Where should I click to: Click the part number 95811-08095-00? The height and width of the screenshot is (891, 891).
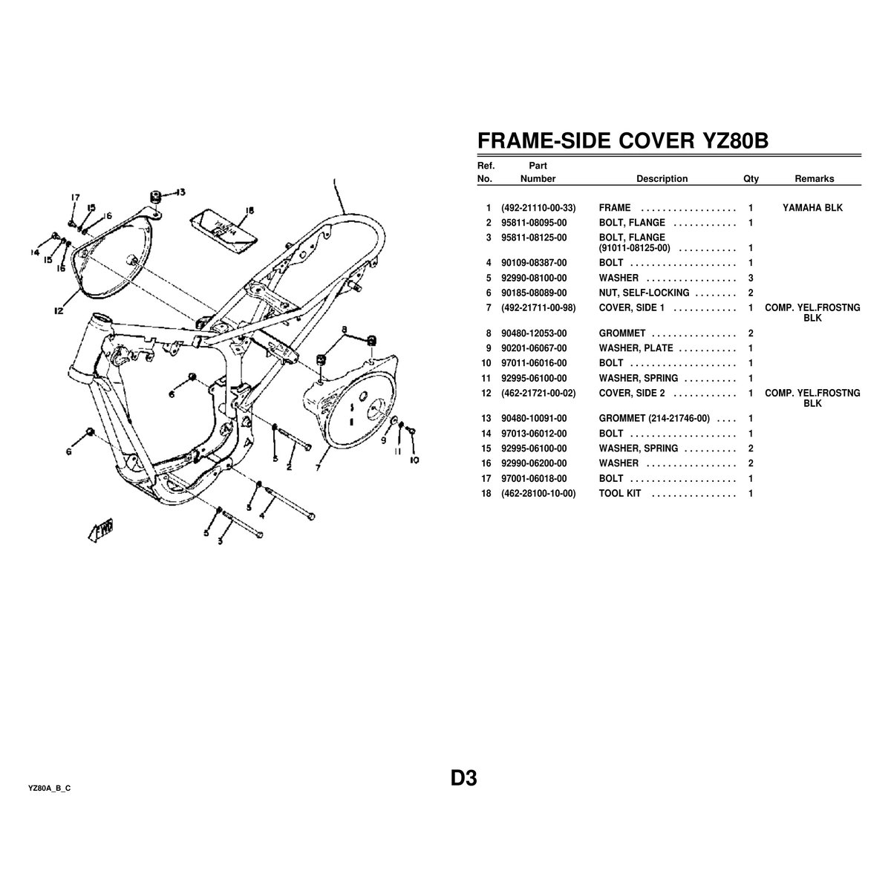click(533, 223)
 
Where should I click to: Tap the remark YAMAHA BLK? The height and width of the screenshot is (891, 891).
click(812, 208)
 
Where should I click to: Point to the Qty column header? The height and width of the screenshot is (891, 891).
click(751, 179)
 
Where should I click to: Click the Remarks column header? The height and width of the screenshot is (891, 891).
click(814, 179)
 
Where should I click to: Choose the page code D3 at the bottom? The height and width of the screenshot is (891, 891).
click(463, 778)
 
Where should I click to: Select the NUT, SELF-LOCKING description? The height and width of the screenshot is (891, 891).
click(644, 293)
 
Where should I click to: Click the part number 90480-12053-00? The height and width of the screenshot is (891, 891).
click(533, 334)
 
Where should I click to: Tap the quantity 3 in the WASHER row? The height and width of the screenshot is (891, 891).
click(751, 278)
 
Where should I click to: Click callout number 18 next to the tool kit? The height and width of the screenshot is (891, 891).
click(249, 211)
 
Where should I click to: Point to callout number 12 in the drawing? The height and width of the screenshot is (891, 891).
click(58, 312)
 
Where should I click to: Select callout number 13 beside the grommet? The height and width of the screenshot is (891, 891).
click(180, 192)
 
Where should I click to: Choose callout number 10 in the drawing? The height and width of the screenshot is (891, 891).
click(414, 460)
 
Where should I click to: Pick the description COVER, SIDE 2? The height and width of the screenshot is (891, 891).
click(631, 393)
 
